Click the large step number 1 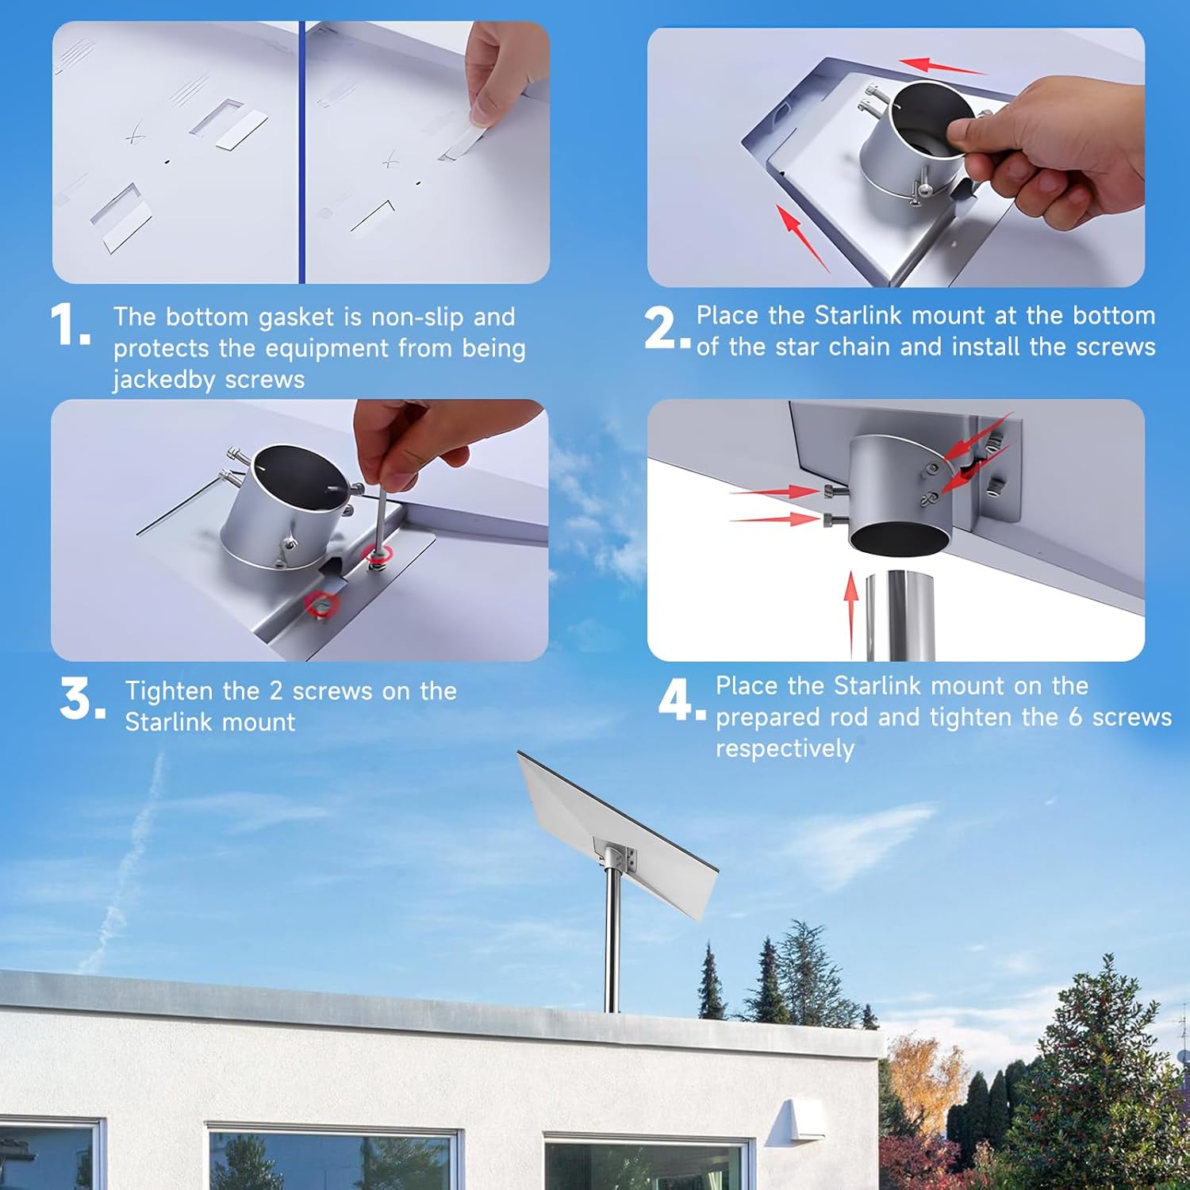click(x=70, y=325)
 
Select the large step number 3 click(x=83, y=699)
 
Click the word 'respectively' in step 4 click(x=785, y=749)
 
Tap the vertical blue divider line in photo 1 click(x=301, y=152)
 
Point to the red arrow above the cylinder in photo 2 click(x=942, y=67)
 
